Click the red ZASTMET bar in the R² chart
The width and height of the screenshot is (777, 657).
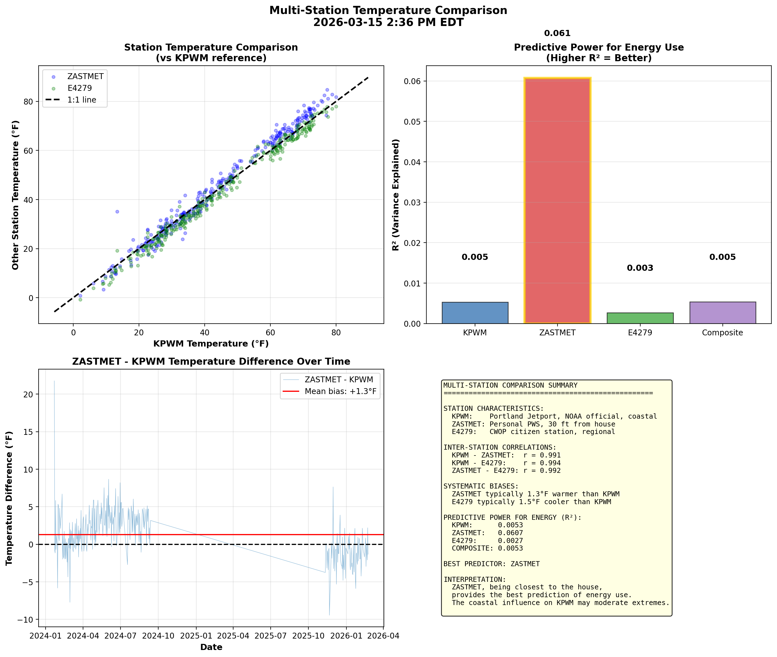tap(557, 201)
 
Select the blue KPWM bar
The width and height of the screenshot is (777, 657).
tap(475, 313)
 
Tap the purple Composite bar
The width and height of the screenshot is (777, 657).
tap(722, 313)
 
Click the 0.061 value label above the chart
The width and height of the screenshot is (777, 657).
tap(557, 33)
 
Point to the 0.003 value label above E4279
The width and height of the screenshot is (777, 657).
tap(640, 268)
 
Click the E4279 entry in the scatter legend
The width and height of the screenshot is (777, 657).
tap(79, 88)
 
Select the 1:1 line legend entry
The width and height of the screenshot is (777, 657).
tap(82, 100)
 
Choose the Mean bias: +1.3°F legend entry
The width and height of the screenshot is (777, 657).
tap(340, 392)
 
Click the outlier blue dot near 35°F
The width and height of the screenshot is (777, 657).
tap(117, 212)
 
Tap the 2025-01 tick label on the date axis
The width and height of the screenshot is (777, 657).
tap(196, 636)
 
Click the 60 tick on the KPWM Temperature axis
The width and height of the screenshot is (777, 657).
tap(270, 333)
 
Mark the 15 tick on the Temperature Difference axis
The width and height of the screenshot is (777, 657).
tap(28, 432)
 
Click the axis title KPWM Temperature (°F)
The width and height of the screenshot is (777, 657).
tap(211, 344)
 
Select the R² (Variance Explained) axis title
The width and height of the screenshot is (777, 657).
tap(396, 195)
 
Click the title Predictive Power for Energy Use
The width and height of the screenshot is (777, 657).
tap(599, 47)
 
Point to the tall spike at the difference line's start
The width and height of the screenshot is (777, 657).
tap(55, 384)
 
